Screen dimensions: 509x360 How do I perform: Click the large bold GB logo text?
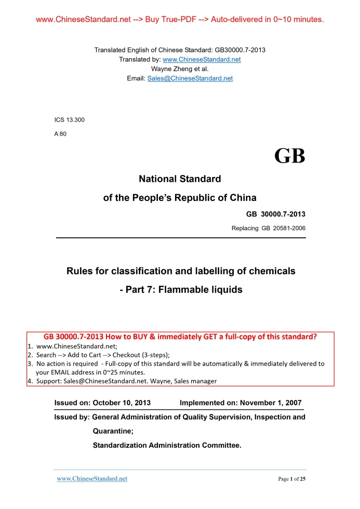(x=289, y=155)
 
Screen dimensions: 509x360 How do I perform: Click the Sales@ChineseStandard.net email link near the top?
(x=190, y=78)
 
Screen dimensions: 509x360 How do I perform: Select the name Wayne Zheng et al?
(x=180, y=69)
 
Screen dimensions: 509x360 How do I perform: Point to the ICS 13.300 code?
(x=70, y=120)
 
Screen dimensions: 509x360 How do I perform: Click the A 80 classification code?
(x=60, y=133)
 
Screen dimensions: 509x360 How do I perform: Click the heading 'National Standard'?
(x=180, y=179)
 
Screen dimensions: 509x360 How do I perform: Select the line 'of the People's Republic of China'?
(x=180, y=198)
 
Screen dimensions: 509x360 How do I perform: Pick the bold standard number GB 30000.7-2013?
(x=275, y=214)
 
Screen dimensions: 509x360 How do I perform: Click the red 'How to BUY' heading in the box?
(x=180, y=336)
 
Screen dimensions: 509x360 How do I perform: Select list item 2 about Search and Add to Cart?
(x=99, y=355)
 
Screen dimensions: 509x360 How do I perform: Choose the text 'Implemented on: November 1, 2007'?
(x=240, y=403)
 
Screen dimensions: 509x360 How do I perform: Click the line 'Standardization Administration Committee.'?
(x=167, y=445)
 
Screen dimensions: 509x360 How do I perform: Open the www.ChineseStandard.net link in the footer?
(x=92, y=478)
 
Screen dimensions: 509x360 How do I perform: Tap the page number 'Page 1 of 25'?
(x=291, y=479)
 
